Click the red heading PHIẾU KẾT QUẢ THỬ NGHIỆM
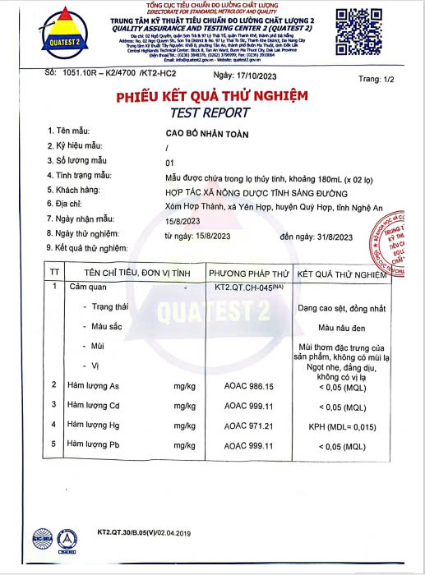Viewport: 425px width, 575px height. [212, 96]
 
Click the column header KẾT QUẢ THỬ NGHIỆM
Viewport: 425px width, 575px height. [341, 274]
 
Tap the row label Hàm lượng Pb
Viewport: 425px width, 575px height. [94, 444]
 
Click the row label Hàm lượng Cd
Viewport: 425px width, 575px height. [94, 405]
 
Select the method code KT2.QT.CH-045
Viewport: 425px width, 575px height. [249, 288]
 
